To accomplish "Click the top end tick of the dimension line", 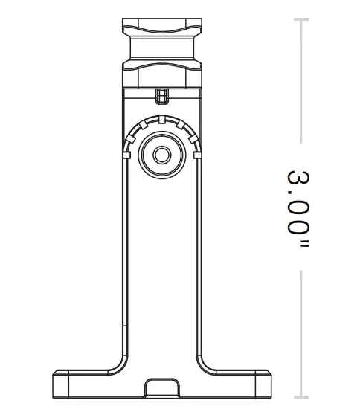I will click(300, 19).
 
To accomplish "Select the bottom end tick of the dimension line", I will click(300, 396).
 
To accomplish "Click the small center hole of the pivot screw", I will click(160, 155).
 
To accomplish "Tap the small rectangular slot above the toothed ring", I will click(160, 96).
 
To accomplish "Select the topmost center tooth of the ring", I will click(160, 119).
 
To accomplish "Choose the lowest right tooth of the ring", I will click(196, 155).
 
